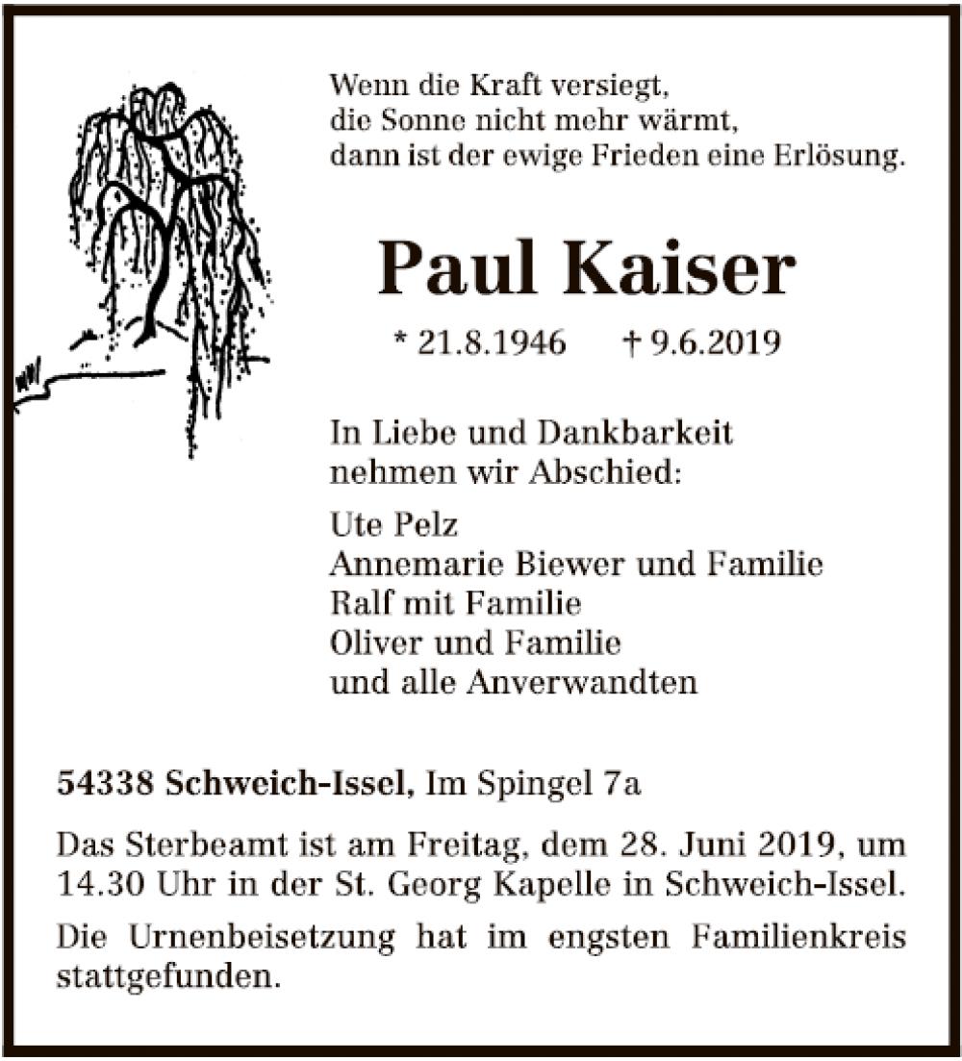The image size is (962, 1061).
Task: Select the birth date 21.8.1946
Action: coord(492,342)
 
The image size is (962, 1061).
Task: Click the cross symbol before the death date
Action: coord(632,342)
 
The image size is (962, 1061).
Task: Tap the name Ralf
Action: coord(359,604)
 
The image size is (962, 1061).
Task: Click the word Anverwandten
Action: coord(582,682)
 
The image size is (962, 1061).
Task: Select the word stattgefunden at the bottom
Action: coord(162,977)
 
